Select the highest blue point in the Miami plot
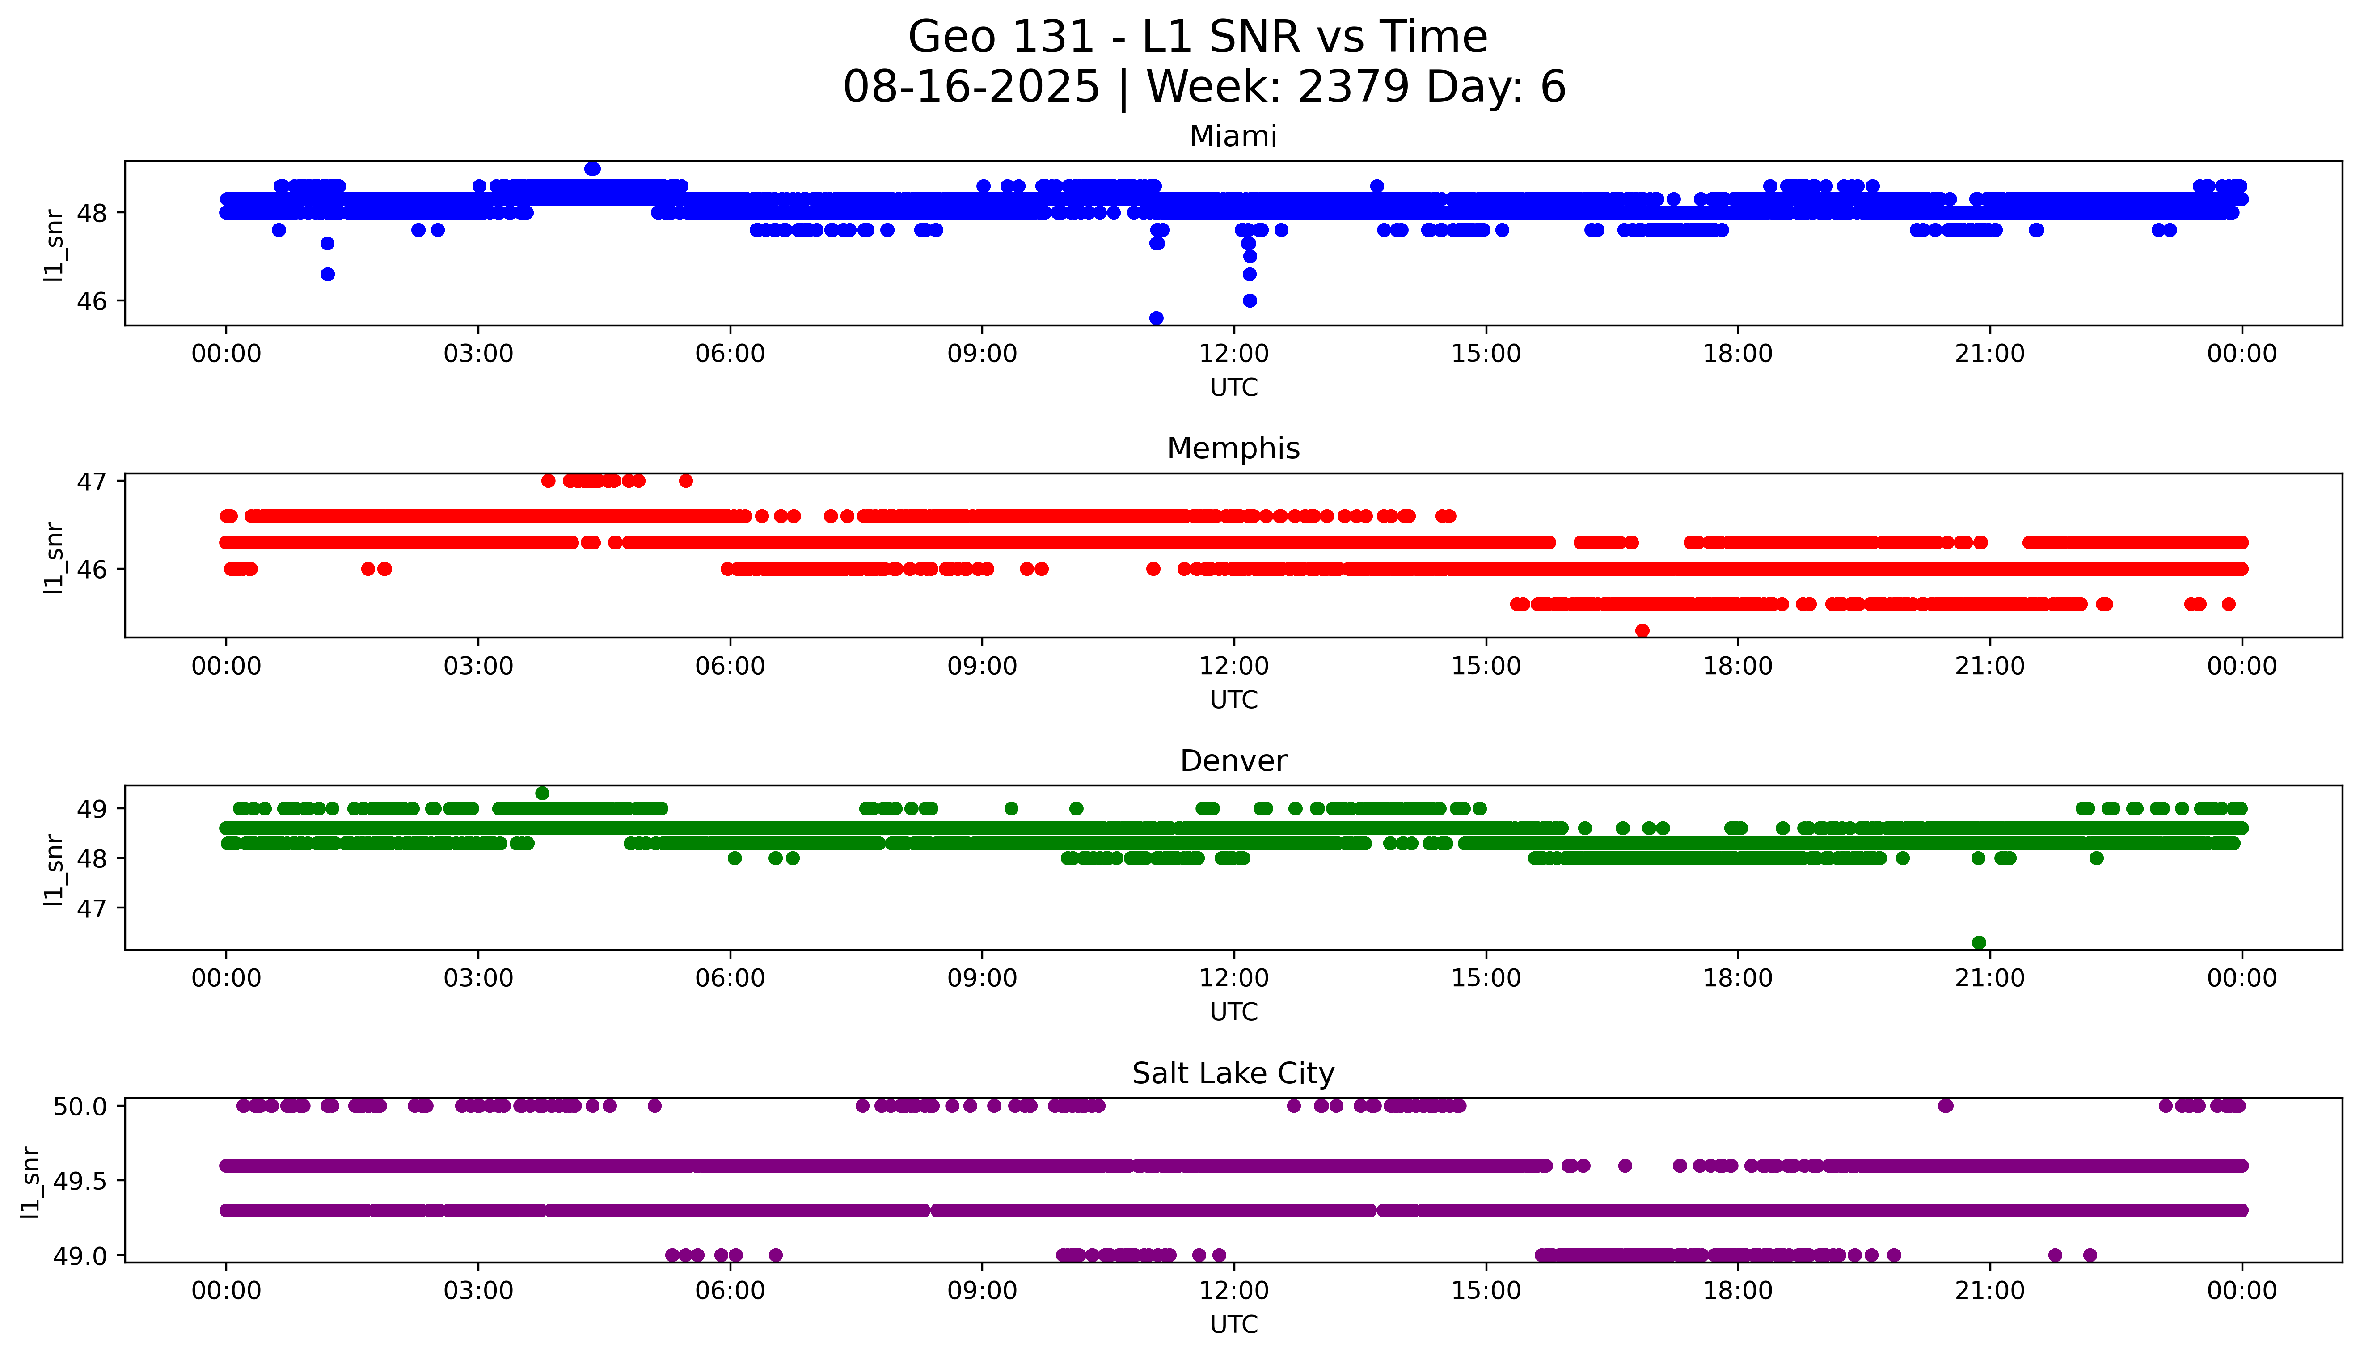coord(592,169)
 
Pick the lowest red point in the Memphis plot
coord(1642,630)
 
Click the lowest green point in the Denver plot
coord(1979,942)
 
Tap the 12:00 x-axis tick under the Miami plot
coord(1233,354)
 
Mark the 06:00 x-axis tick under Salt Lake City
coord(730,1291)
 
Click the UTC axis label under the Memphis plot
coord(1233,699)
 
